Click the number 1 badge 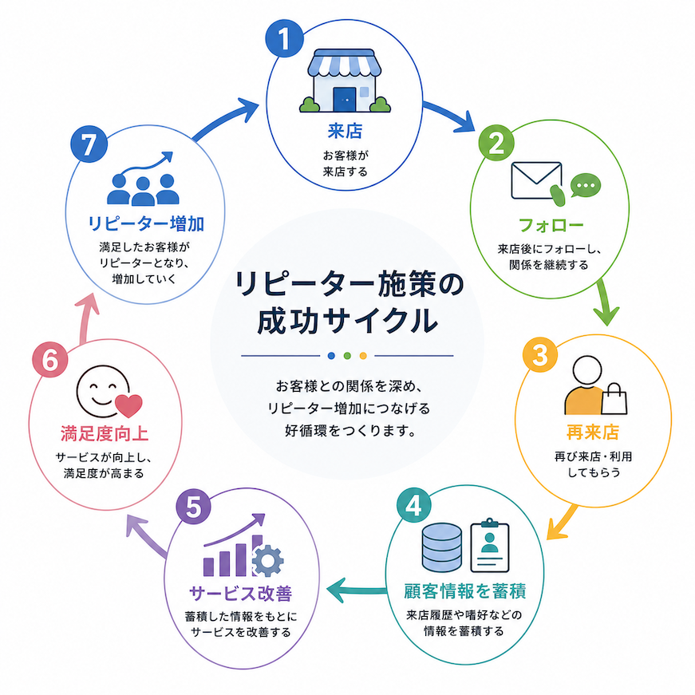[x=285, y=38]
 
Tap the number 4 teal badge [x=414, y=505]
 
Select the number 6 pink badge [x=50, y=359]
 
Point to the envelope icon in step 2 [x=536, y=180]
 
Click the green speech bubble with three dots [x=586, y=185]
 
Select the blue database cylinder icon [x=441, y=547]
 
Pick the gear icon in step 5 [x=268, y=561]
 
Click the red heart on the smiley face [x=129, y=405]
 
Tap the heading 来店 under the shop [x=345, y=131]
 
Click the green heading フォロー [x=551, y=225]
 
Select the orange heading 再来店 [x=593, y=432]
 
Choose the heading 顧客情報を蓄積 [x=465, y=590]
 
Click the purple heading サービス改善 [x=241, y=593]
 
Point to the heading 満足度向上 [x=105, y=433]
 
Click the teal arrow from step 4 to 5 [x=357, y=590]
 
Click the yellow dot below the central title [x=363, y=355]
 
